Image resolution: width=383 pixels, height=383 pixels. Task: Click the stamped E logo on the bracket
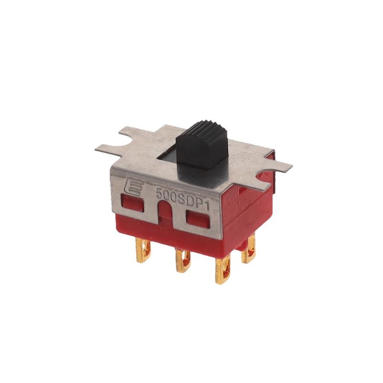pos(131,188)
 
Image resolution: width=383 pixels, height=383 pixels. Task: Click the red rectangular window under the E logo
pos(133,204)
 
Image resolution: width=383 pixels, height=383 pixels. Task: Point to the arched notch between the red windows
pos(164,209)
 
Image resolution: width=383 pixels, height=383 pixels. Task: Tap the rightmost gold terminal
pos(248,251)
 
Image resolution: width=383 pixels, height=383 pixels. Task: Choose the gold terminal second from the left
pos(182,260)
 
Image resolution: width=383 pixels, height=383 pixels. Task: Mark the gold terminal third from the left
pos(223,270)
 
